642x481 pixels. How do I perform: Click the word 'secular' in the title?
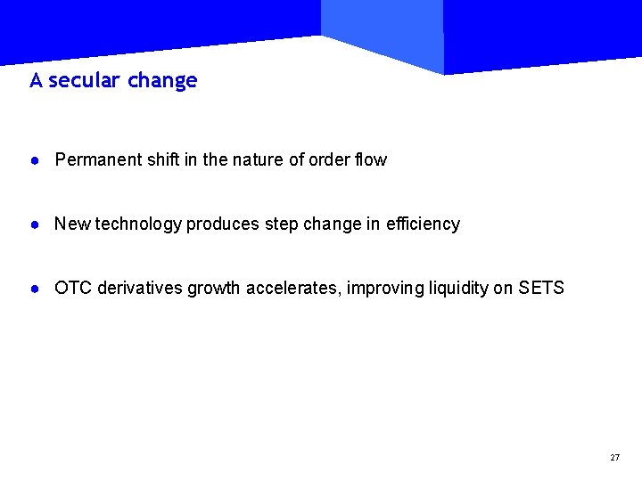[x=84, y=81]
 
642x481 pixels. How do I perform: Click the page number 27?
[x=614, y=457]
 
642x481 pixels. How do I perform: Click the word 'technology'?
[x=138, y=224]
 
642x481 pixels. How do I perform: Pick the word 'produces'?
[x=223, y=224]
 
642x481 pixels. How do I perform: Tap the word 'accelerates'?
[x=293, y=289]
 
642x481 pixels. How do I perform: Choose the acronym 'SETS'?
[x=541, y=289]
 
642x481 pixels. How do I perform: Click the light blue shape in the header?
[x=383, y=31]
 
